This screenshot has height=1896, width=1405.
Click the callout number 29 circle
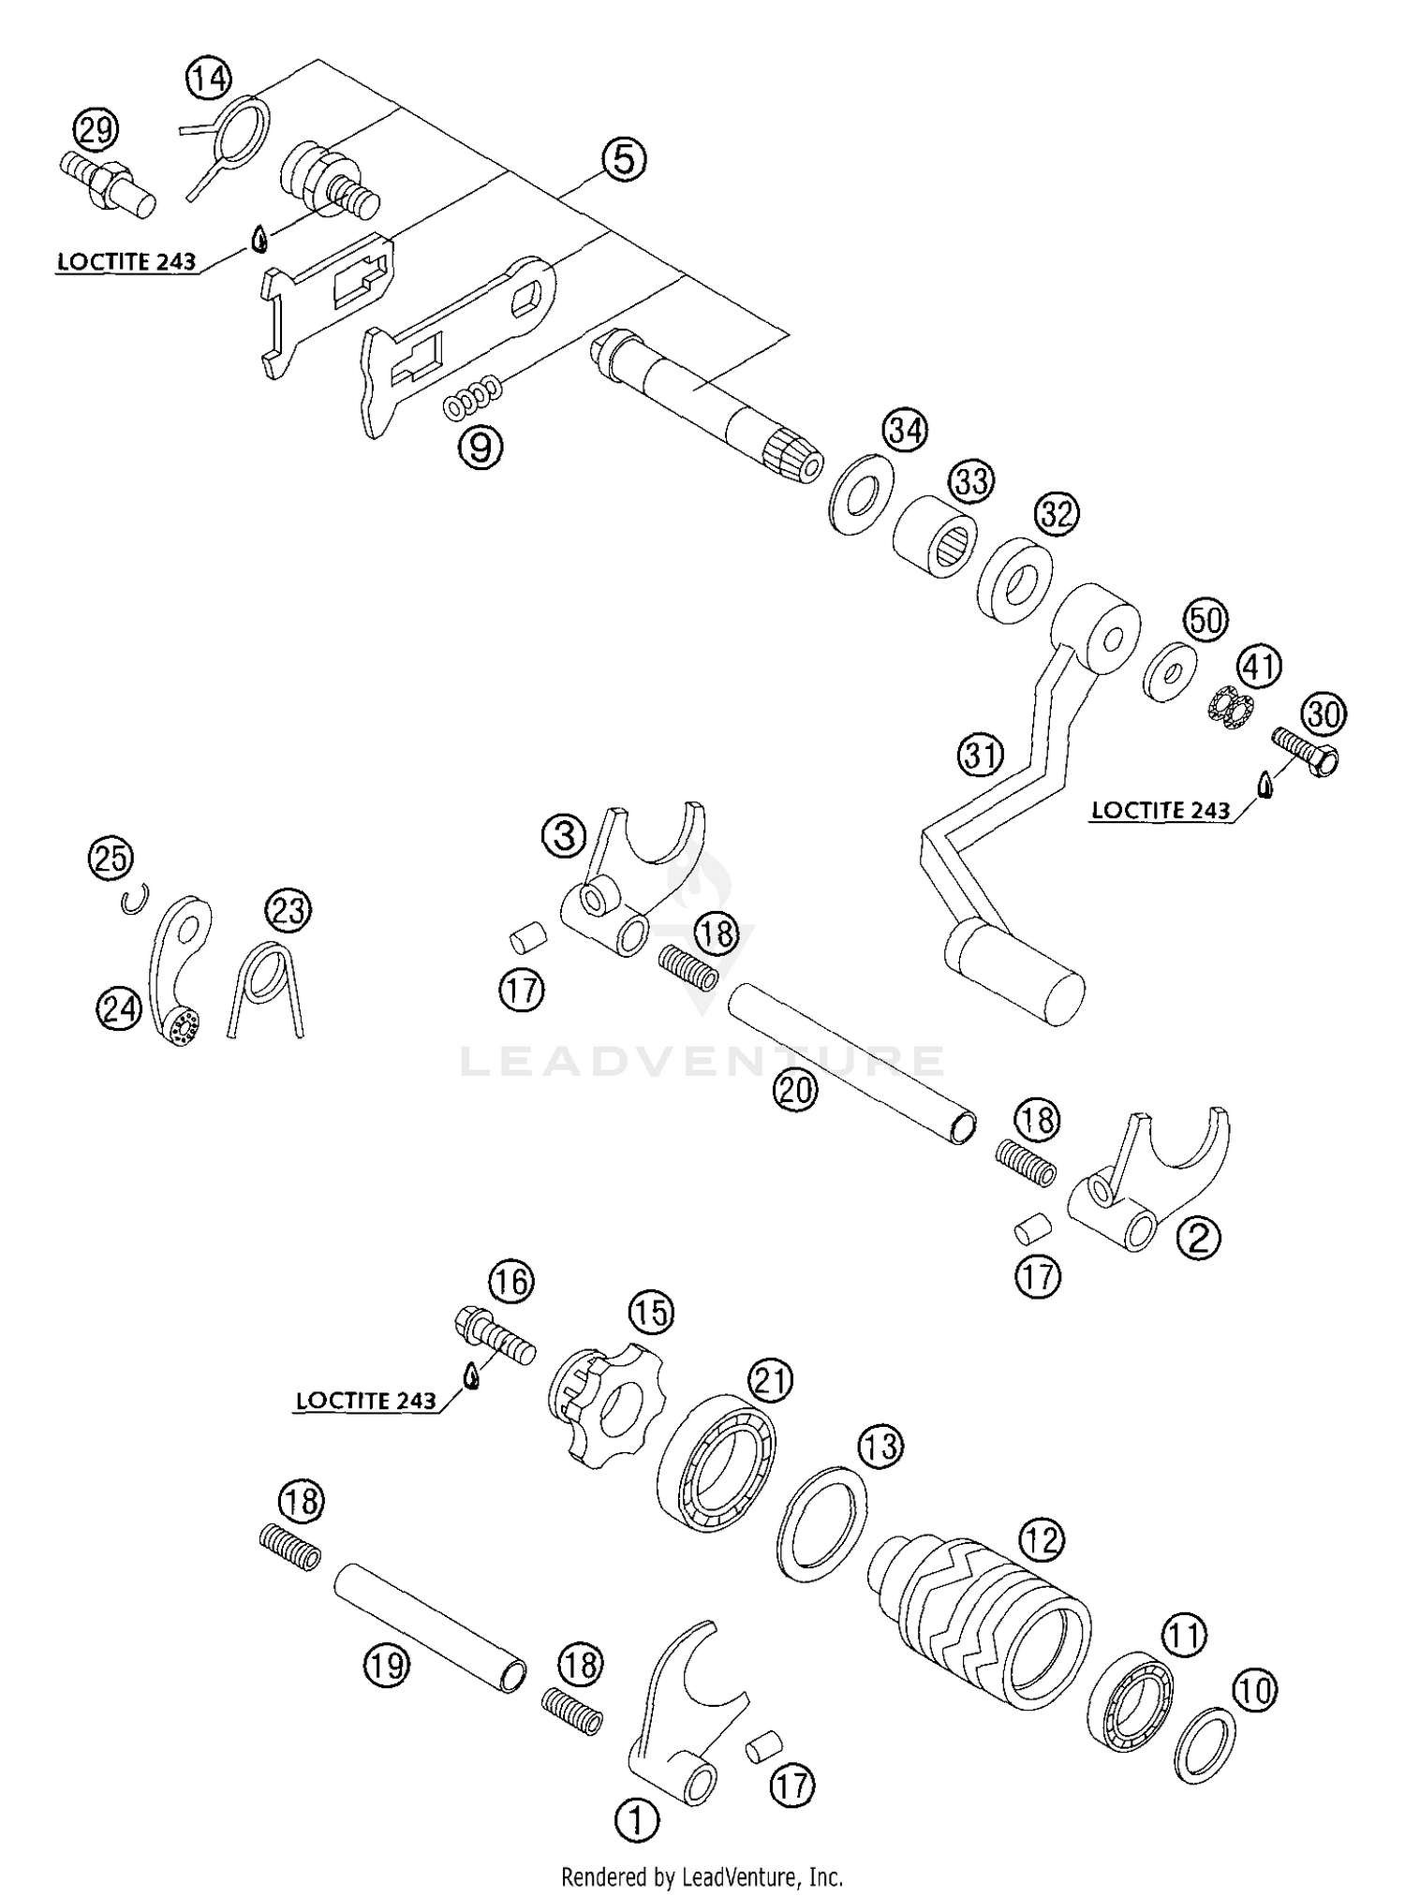coord(96,129)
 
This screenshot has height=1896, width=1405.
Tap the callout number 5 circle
coord(623,158)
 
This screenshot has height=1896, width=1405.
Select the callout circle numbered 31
coord(981,754)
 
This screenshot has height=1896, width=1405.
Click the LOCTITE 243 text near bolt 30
coord(1161,810)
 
